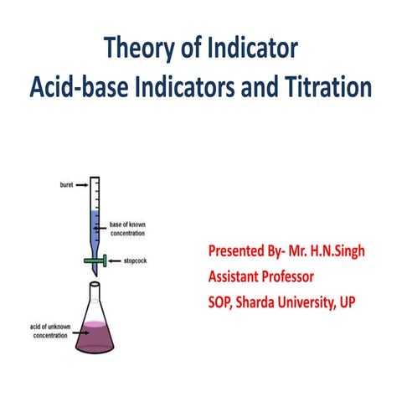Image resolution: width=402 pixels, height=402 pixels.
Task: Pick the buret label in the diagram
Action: (69, 181)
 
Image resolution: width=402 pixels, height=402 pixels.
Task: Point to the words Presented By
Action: (244, 251)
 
